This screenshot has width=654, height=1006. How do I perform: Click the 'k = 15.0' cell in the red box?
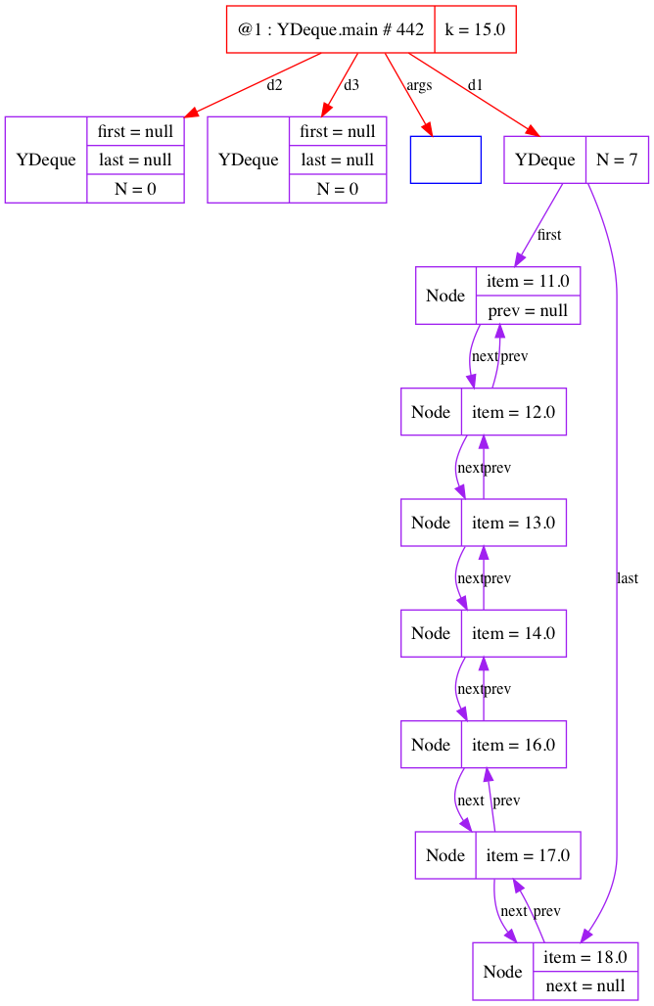click(x=475, y=29)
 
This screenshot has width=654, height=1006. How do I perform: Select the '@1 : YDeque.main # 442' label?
click(x=330, y=29)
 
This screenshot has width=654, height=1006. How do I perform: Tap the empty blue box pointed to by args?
click(x=445, y=160)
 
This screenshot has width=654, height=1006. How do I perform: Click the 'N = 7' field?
click(x=617, y=160)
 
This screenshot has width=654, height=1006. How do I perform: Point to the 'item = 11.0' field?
click(x=528, y=281)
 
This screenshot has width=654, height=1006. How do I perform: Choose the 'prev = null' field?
click(x=528, y=310)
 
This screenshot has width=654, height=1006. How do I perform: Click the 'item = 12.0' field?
click(x=513, y=412)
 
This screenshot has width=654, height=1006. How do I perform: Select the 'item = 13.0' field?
click(x=513, y=523)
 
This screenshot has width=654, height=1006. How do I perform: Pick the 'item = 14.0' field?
click(x=513, y=633)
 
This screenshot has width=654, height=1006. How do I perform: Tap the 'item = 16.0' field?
click(x=513, y=745)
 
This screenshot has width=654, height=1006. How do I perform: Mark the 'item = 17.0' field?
click(x=528, y=855)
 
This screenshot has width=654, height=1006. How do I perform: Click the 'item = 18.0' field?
click(x=585, y=956)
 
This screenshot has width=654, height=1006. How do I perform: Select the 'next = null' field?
click(x=585, y=985)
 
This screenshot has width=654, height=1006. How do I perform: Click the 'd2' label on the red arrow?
click(x=274, y=85)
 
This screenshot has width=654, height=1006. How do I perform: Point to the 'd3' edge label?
click(x=351, y=85)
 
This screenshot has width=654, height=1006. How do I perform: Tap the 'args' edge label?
click(x=419, y=85)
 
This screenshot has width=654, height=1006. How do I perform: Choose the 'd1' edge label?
click(x=475, y=85)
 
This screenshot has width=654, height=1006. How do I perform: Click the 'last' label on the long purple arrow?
click(x=628, y=578)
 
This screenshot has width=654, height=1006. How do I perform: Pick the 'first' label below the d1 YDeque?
click(x=549, y=235)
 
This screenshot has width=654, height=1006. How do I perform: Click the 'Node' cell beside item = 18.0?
click(x=503, y=971)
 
